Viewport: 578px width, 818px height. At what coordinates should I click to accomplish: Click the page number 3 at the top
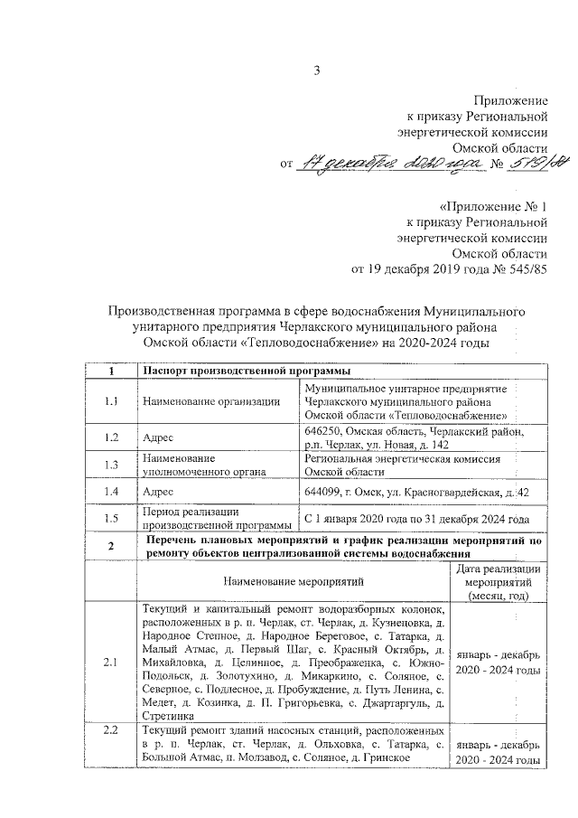coord(317,71)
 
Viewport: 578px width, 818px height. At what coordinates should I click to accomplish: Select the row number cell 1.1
coord(111,402)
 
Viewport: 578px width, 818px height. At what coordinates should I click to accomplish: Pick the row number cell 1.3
coord(111,465)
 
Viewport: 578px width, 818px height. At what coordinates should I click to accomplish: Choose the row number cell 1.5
coord(111,518)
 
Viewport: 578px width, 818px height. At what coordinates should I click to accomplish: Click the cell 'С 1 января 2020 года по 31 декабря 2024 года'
coord(416,519)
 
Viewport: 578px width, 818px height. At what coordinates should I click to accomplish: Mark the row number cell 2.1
coord(111,663)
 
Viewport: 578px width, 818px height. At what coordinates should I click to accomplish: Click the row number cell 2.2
coord(111,730)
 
